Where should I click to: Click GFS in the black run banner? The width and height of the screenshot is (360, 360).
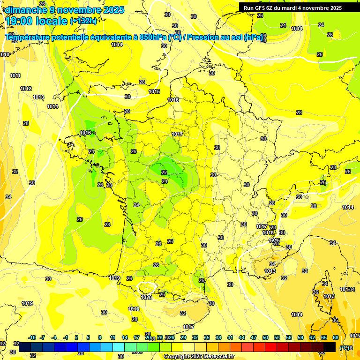tap(261, 8)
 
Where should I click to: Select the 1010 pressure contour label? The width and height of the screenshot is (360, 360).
tap(5, 55)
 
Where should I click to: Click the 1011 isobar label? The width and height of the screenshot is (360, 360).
tap(15, 75)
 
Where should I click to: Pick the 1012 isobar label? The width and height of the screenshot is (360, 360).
tap(26, 89)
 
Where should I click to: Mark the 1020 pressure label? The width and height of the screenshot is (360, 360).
tap(146, 297)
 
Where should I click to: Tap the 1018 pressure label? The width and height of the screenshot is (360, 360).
tap(134, 309)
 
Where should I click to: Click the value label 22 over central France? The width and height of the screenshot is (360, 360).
tap(164, 172)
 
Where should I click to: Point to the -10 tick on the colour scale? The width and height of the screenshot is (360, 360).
tap(32, 337)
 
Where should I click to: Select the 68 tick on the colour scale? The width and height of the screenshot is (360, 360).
tap(336, 337)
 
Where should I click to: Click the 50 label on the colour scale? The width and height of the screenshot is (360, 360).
tap(265, 337)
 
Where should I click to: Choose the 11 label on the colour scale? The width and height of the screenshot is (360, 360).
tap(112, 337)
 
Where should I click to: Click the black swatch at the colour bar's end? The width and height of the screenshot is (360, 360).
tap(330, 347)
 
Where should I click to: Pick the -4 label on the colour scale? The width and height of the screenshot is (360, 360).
tap(54, 337)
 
